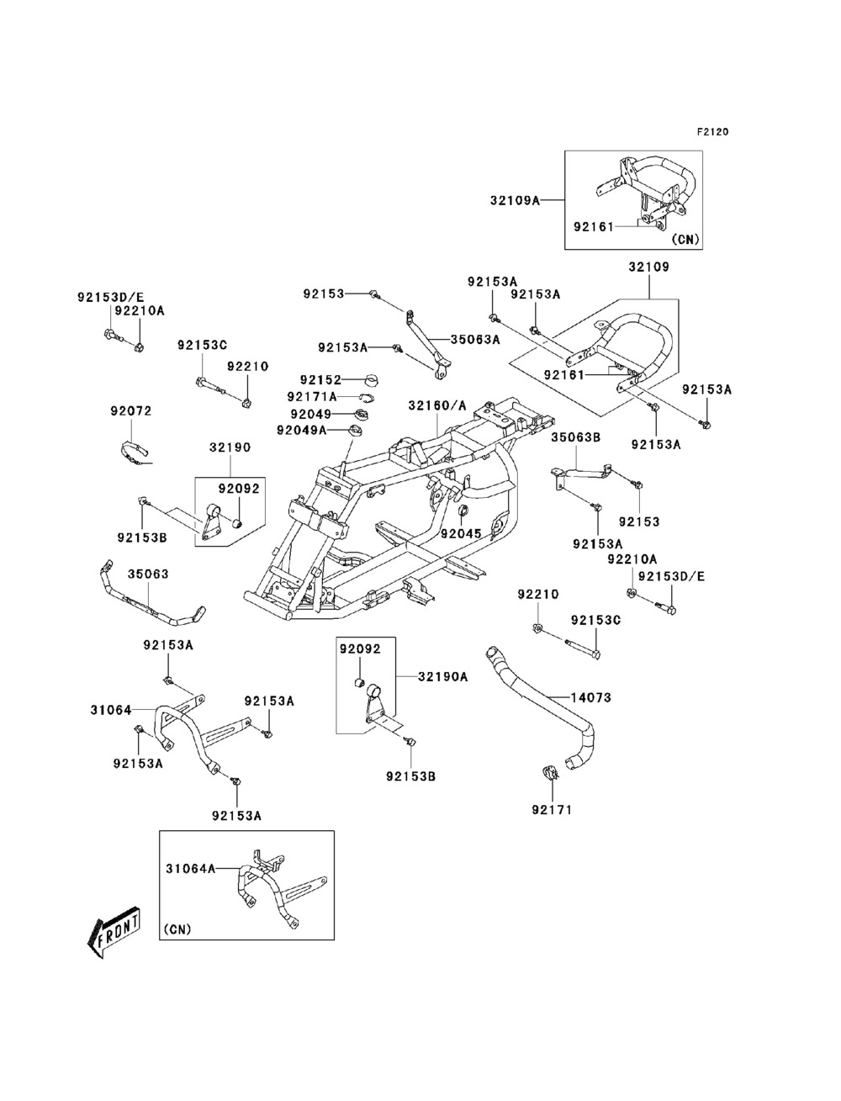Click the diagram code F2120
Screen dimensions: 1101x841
(x=711, y=132)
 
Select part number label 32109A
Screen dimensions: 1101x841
(x=514, y=200)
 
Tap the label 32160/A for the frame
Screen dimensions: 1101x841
(x=436, y=405)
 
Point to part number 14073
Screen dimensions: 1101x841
(x=590, y=697)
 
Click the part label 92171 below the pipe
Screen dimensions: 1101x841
(x=551, y=810)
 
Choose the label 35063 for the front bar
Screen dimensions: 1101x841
(x=148, y=574)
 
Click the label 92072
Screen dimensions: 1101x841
(x=130, y=411)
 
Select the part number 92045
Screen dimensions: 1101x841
(x=460, y=533)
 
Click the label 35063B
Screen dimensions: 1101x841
(x=575, y=437)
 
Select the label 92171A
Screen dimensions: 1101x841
(x=311, y=396)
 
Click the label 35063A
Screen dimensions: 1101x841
(x=474, y=340)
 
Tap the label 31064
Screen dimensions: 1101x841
(x=111, y=710)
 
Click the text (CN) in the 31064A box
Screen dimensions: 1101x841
(x=177, y=929)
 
